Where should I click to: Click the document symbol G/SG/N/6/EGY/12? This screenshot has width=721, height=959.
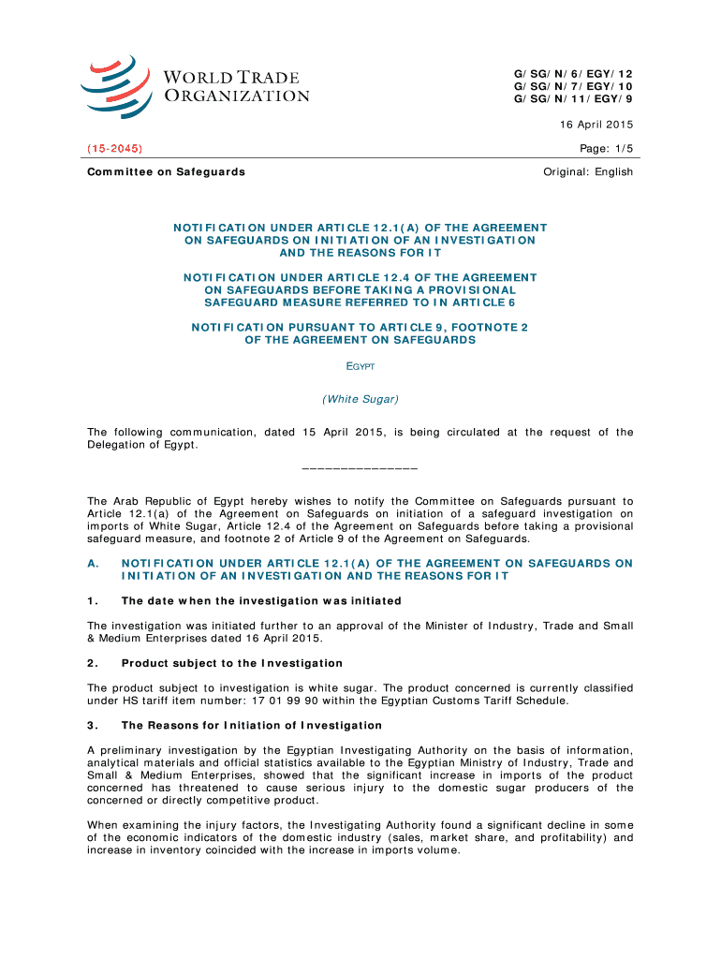point(573,72)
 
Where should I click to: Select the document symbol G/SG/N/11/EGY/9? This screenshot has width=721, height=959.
point(573,98)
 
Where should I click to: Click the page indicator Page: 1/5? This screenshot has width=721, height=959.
point(608,148)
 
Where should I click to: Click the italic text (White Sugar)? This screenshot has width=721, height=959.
point(360,399)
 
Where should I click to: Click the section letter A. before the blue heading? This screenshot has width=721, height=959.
point(92,563)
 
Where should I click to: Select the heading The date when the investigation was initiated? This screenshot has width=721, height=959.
point(261,600)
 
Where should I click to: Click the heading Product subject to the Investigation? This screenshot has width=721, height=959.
point(232,663)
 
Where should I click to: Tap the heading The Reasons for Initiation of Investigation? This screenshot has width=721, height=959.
point(252,725)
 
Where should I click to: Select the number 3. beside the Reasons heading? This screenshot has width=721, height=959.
point(92,725)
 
